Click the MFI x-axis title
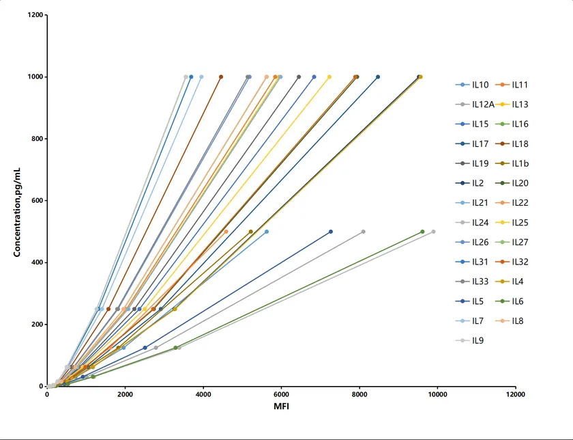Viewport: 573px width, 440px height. (x=280, y=408)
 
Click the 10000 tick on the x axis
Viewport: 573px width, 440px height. (x=437, y=394)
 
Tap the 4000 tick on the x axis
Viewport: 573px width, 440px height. (x=203, y=394)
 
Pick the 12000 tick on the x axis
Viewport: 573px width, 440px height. (x=515, y=394)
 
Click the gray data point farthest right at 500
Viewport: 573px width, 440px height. (x=433, y=232)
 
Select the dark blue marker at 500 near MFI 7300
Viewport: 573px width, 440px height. (x=331, y=232)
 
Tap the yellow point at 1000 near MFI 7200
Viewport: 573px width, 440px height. (x=329, y=77)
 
